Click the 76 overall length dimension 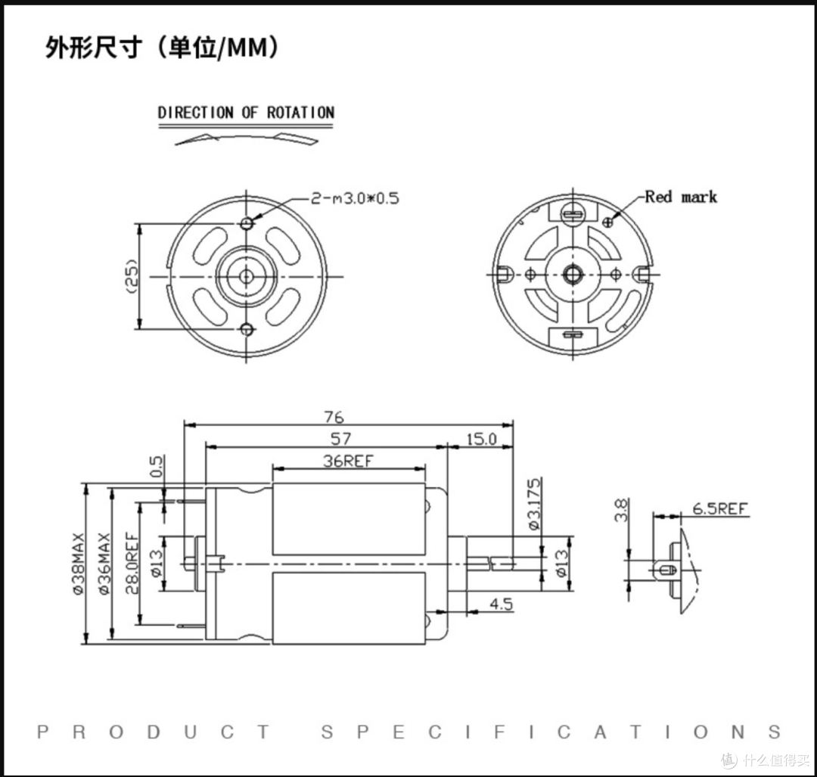tap(334, 417)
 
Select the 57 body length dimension tap(340, 439)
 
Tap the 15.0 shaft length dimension tap(481, 439)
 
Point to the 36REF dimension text tap(348, 461)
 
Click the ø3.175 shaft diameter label tap(535, 504)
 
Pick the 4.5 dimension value tap(502, 604)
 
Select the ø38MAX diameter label tap(79, 564)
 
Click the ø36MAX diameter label tap(104, 564)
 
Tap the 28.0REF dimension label tap(132, 564)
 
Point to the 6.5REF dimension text tap(720, 508)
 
